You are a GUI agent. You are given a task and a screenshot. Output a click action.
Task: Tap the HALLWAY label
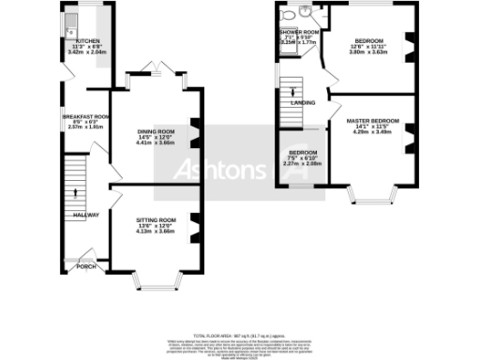(x=86, y=215)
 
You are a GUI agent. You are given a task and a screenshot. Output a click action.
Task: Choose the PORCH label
(x=86, y=265)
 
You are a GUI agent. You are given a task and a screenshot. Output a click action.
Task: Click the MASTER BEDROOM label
(x=372, y=121)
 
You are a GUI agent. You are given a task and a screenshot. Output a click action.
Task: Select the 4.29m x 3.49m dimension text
(x=372, y=132)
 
